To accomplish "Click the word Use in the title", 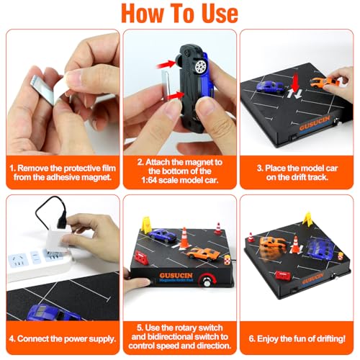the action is (220, 13).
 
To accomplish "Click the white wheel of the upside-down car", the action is (200, 66).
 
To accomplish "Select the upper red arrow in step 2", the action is (166, 64).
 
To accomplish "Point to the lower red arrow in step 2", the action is (176, 96).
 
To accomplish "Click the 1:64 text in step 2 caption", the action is (149, 180).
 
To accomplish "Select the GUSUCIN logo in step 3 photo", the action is (315, 123).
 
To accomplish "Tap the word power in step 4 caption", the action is (76, 339).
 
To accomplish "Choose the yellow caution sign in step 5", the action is (146, 225).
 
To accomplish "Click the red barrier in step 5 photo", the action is (141, 258).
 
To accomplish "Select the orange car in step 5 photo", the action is (203, 253).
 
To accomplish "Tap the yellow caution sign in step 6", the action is (308, 219).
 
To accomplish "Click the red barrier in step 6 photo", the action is (283, 275).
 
